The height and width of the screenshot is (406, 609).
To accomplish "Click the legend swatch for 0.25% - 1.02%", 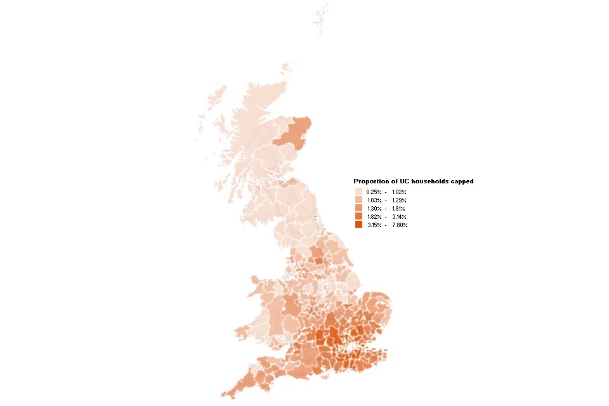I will (358, 192).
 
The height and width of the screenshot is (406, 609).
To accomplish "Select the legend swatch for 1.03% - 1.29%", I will (358, 200).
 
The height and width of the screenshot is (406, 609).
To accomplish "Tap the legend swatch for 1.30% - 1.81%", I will (358, 208).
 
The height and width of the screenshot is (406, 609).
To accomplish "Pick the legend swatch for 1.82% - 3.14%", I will (358, 216).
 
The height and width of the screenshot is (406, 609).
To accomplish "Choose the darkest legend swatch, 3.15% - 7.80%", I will (358, 225).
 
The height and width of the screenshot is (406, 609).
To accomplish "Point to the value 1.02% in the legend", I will (399, 192).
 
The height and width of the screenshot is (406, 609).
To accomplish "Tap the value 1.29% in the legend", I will (399, 200).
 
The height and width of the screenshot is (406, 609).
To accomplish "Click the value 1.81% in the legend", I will (399, 208).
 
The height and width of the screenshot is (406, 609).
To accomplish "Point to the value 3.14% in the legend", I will (399, 216).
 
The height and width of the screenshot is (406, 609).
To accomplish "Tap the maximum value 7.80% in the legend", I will (399, 225).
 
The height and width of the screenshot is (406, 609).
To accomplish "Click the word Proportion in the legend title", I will (370, 181).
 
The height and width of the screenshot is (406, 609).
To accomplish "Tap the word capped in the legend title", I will (462, 181).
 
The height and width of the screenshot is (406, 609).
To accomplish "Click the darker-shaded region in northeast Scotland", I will (294, 135).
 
